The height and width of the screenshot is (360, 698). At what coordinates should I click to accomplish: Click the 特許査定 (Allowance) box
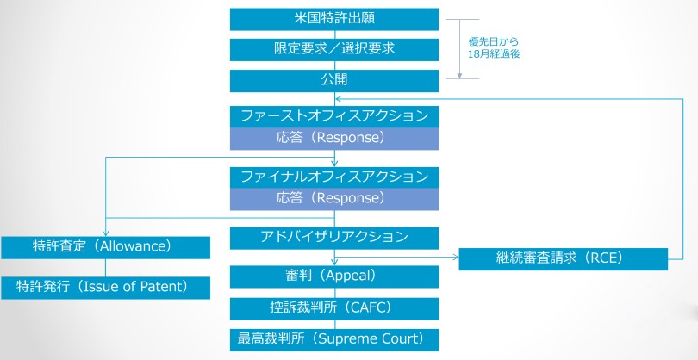click(105, 247)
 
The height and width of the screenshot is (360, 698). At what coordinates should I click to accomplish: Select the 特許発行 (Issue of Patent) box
click(105, 288)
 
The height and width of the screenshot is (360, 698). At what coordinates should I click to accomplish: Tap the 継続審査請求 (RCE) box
click(563, 258)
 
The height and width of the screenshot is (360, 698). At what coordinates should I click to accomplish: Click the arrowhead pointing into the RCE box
click(454, 257)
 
